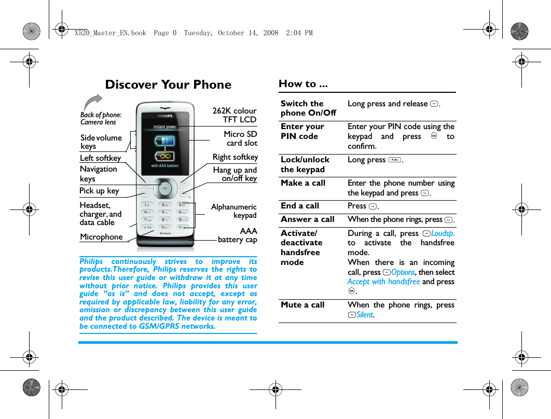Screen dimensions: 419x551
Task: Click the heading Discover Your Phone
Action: [168, 85]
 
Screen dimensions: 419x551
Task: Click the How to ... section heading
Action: [303, 83]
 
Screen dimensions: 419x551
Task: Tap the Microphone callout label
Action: [101, 237]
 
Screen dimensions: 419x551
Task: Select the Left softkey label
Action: [100, 158]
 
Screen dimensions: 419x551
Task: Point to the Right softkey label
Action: [235, 157]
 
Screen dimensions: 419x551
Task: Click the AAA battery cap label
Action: [238, 235]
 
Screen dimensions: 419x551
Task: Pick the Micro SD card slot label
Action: [241, 138]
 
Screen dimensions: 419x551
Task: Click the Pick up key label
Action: [99, 191]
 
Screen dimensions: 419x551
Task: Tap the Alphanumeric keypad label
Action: [234, 211]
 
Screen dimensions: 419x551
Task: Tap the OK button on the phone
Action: [165, 188]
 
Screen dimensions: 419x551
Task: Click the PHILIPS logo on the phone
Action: [165, 116]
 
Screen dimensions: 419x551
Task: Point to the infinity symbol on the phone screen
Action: [165, 156]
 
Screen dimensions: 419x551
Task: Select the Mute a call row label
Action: [302, 305]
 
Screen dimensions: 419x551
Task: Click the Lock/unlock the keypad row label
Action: [305, 164]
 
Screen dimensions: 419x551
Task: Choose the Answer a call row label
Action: [308, 219]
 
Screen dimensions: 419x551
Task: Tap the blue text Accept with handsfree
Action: [383, 282]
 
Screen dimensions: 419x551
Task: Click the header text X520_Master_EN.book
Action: [110, 33]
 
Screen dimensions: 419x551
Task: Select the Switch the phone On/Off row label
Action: [308, 108]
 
